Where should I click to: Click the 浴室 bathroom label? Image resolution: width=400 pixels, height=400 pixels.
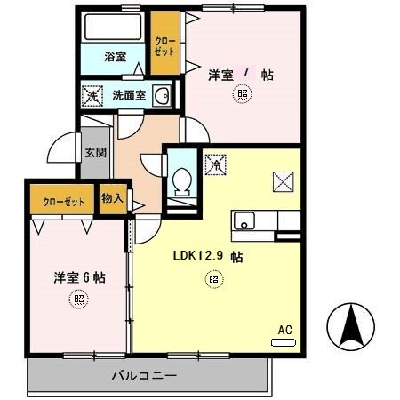pyautogui.click(x=116, y=57)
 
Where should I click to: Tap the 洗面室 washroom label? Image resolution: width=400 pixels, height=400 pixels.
pyautogui.click(x=129, y=95)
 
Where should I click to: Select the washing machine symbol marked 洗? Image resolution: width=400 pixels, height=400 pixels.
pyautogui.click(x=92, y=95)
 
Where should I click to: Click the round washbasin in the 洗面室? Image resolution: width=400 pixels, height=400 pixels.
pyautogui.click(x=162, y=96)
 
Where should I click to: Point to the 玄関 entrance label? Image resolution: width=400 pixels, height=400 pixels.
pyautogui.click(x=94, y=151)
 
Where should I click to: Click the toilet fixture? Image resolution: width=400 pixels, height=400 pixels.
pyautogui.click(x=182, y=180)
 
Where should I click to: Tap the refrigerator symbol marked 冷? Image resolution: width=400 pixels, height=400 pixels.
pyautogui.click(x=215, y=164)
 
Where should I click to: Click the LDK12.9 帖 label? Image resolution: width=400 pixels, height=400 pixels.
pyautogui.click(x=209, y=256)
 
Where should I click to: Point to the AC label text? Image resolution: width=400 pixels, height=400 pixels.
pyautogui.click(x=284, y=329)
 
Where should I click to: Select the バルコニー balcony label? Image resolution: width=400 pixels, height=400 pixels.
pyautogui.click(x=144, y=376)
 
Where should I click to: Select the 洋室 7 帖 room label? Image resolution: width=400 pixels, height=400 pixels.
pyautogui.click(x=240, y=75)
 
